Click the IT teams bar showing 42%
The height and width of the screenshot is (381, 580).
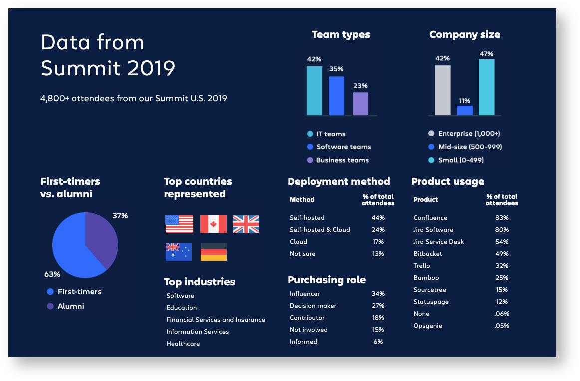pos(314,91)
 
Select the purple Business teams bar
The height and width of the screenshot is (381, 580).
pos(360,104)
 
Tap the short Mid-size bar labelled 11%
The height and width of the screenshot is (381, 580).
pos(465,110)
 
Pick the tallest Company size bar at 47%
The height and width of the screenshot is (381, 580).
pos(487,87)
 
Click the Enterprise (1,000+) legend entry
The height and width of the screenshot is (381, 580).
pos(464,134)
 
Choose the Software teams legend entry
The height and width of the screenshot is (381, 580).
pos(339,147)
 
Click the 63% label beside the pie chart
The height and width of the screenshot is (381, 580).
pos(52,274)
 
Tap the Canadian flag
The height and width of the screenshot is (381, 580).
pos(213,224)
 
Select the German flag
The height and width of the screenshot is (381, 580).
pos(213,252)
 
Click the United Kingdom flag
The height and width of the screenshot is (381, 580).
pos(246,224)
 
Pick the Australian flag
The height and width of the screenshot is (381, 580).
pos(179,252)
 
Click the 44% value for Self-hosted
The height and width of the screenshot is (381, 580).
pos(378,218)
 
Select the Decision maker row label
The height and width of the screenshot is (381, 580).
pos(313,306)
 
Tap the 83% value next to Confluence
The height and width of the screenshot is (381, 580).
pos(502,218)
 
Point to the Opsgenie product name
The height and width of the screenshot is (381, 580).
pos(428,326)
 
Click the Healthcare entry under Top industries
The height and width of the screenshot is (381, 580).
pos(183,344)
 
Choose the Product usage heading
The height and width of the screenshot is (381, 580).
pos(448,182)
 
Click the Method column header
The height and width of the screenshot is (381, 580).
pos(302,200)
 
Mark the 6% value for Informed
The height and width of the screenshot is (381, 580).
pos(378,342)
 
